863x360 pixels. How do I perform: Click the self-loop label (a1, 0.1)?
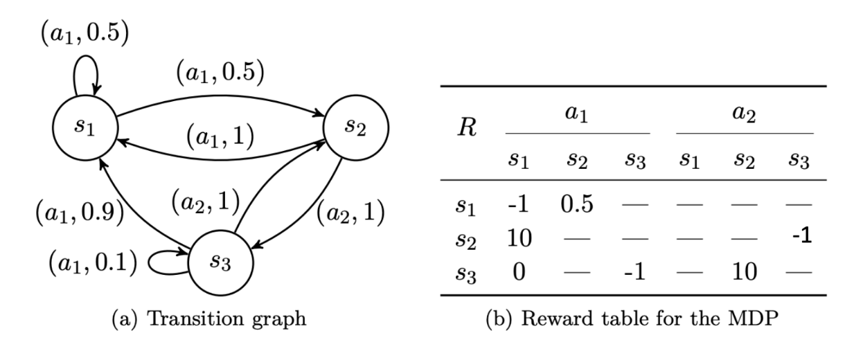[91, 264]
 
